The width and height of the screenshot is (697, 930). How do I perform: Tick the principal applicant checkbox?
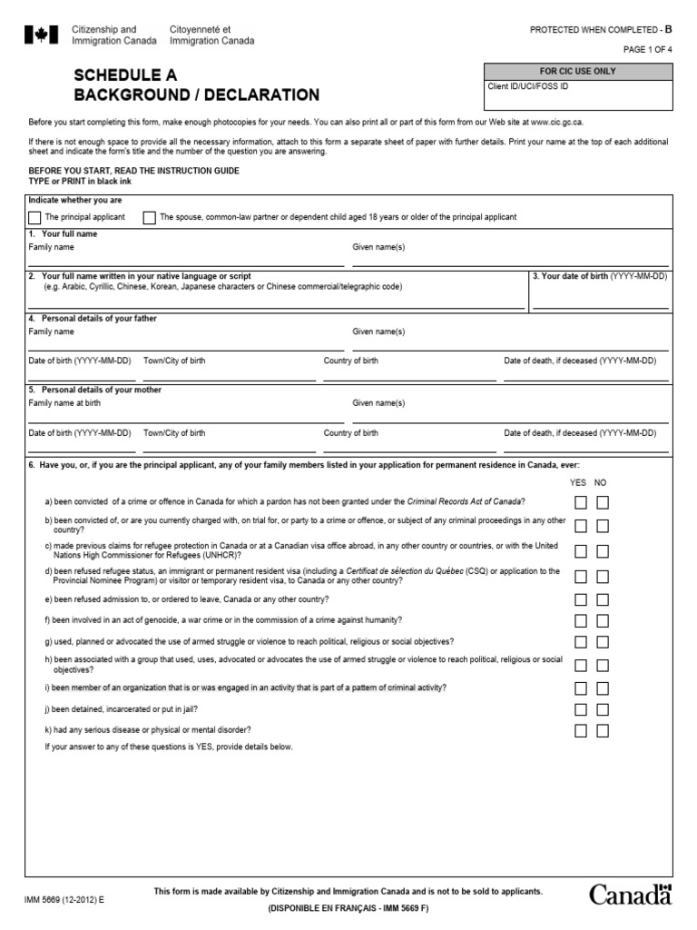[x=34, y=218]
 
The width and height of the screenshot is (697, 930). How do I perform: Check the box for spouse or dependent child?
[x=149, y=218]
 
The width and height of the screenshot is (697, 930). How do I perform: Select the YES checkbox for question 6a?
[x=580, y=502]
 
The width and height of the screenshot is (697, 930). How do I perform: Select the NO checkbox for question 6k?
[x=603, y=730]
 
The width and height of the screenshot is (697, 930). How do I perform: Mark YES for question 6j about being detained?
[x=580, y=709]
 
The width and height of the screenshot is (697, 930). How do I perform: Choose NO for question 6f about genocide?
[x=603, y=620]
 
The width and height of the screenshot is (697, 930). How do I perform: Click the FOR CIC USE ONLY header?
[x=577, y=71]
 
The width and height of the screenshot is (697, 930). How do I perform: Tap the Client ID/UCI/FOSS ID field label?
[x=528, y=86]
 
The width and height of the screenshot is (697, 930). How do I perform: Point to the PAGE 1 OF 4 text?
[x=646, y=49]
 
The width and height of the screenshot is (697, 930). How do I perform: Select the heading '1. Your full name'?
[x=63, y=234]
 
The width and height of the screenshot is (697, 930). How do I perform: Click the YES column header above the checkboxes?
[x=578, y=482]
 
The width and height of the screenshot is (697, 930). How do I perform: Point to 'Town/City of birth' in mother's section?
[x=174, y=433]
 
